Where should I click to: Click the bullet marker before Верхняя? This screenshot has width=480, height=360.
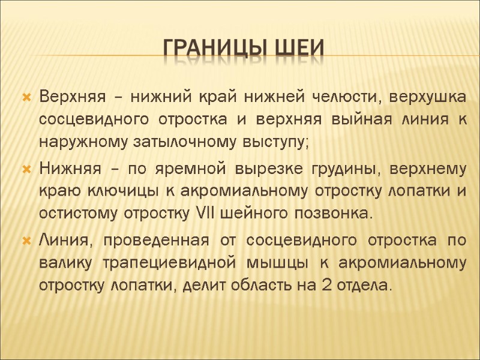point(26,97)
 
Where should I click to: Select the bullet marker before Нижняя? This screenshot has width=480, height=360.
point(26,170)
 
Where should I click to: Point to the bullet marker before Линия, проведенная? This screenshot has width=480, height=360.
point(26,241)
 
